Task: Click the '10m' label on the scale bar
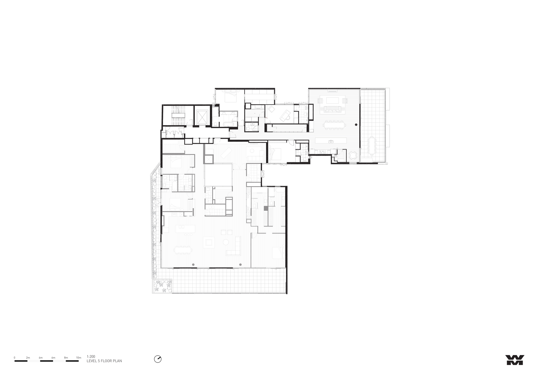79,358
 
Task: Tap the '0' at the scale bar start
15,358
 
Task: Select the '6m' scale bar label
53,358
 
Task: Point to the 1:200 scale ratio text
91,357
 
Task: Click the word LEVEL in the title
91,361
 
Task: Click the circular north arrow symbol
158,359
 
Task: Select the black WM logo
515,360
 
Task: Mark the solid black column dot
356,125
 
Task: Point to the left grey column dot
193,265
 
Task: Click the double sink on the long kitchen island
331,141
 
